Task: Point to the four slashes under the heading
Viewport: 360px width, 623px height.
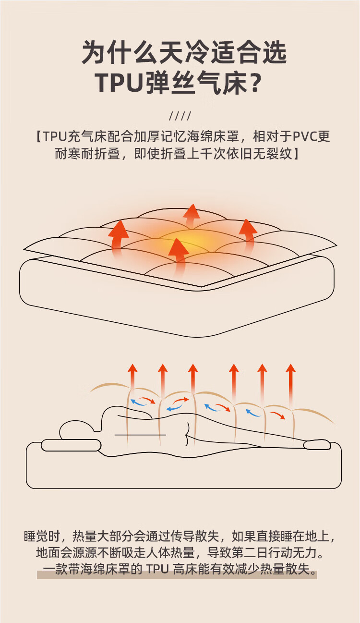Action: pos(180,116)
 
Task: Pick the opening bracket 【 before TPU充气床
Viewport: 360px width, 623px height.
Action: pos(37,137)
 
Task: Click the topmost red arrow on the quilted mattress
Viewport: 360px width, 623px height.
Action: pos(192,216)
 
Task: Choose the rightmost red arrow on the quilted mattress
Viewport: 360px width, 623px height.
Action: pos(248,233)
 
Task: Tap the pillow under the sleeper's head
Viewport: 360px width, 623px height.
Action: pos(71,445)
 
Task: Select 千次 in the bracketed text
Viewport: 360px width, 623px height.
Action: pos(203,154)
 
